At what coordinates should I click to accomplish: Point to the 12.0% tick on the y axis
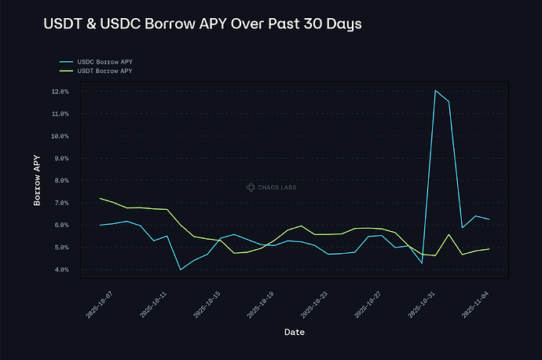coord(60,91)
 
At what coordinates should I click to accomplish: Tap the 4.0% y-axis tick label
coord(60,270)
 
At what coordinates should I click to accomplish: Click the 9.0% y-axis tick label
coord(60,158)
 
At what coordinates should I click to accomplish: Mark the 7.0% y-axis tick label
coord(60,203)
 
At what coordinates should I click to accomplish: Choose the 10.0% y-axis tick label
coord(60,136)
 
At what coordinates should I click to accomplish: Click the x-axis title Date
coord(295,332)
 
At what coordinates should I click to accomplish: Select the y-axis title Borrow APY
coord(37,180)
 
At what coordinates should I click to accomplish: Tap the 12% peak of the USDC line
coord(435,90)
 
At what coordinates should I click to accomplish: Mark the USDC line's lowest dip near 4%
coord(181,270)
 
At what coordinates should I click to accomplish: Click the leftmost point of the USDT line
coord(100,198)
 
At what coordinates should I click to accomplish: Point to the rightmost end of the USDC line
coord(489,219)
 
